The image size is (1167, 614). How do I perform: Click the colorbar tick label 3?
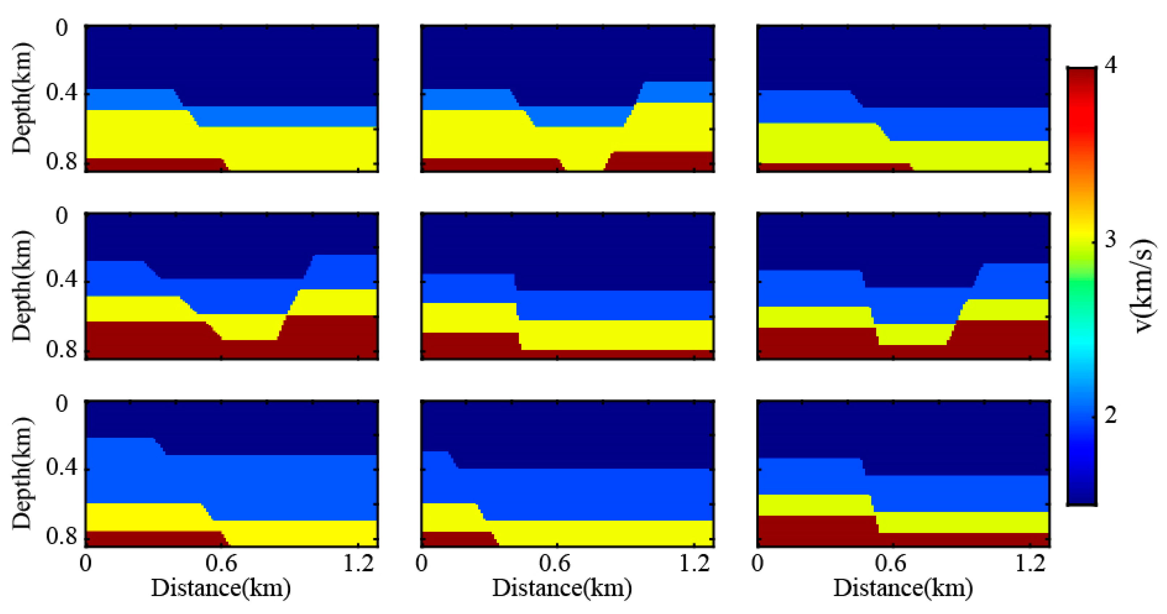coord(1111,239)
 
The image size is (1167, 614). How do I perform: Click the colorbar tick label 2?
coord(1111,414)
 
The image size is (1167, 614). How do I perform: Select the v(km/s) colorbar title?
coord(1145,286)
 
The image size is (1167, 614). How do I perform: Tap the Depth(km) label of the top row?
coord(21,98)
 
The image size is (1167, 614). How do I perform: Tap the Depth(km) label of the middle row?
coord(21,286)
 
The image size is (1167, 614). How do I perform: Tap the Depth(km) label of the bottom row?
coord(21,474)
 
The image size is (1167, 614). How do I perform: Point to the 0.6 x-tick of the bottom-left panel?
coord(221,563)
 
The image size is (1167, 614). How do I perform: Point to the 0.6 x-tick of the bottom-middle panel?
coord(555,563)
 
